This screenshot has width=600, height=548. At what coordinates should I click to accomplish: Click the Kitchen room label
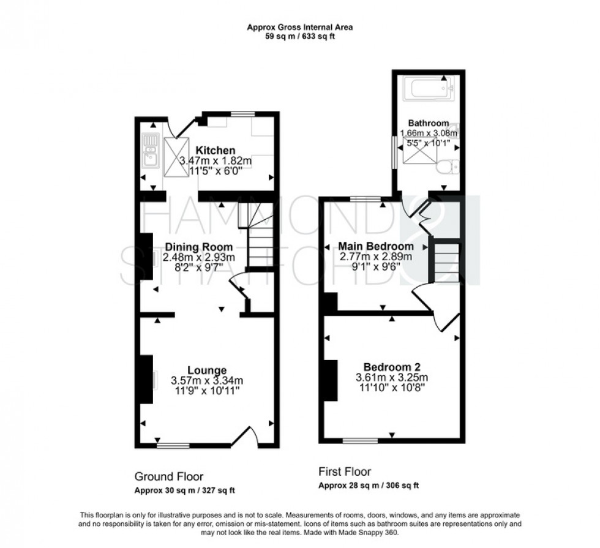216,150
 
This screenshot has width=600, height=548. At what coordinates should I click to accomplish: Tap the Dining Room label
198,247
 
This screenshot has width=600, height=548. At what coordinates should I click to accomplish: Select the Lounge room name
207,370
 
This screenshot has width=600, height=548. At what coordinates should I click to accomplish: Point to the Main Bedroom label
376,246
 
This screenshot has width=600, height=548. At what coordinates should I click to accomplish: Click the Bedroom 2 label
392,367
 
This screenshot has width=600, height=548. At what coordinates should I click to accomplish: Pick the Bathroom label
429,123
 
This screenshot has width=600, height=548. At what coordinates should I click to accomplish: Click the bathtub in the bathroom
428,88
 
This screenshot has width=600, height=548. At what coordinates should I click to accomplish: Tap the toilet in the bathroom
448,167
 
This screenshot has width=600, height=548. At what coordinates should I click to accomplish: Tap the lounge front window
173,446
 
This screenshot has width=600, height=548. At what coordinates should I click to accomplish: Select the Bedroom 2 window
360,440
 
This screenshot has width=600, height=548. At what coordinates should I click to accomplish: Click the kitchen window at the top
243,114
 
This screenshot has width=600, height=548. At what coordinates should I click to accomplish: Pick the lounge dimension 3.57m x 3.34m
207,381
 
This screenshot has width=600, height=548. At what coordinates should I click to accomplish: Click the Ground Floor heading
169,476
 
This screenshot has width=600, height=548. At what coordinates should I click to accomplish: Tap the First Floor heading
345,471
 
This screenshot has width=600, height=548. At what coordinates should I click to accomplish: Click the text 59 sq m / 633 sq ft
300,37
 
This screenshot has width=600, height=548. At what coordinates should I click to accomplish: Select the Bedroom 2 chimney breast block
331,380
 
